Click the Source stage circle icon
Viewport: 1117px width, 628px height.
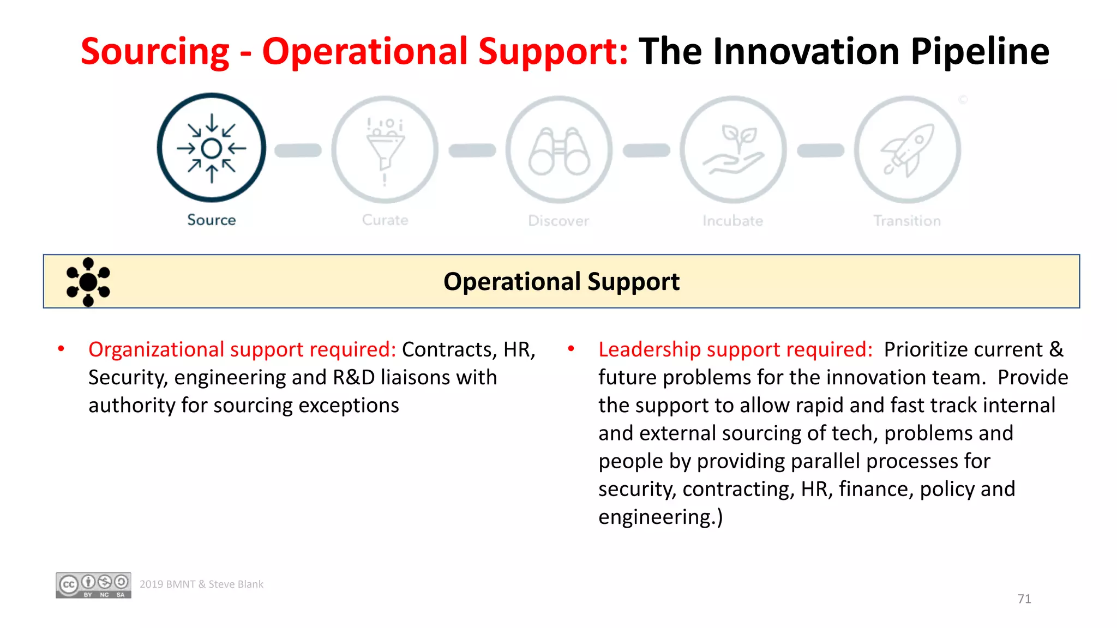pos(212,148)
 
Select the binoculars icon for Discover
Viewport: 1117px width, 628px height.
pos(559,150)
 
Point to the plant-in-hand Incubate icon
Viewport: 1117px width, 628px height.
pos(733,150)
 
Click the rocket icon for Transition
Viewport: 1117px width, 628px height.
pos(908,150)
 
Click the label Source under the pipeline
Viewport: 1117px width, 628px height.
pos(212,220)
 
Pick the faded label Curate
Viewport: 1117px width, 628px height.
pos(385,220)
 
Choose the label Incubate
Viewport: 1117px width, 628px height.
pos(732,221)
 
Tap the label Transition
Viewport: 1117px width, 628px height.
pos(907,221)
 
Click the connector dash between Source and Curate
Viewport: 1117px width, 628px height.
pos(298,150)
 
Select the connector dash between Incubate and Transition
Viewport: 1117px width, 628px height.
pos(820,150)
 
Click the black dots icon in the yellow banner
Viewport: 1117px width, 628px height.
pos(88,282)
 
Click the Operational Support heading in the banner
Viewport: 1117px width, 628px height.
pos(561,282)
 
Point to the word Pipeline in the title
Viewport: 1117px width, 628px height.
pos(980,51)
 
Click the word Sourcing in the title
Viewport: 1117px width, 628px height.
pos(155,51)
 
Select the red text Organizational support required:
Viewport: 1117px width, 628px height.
pos(242,349)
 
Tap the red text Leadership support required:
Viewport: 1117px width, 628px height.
pos(735,349)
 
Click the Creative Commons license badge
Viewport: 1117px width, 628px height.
pos(93,585)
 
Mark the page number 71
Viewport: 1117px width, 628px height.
pos(1024,599)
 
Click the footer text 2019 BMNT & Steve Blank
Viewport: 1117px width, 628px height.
pos(201,584)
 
